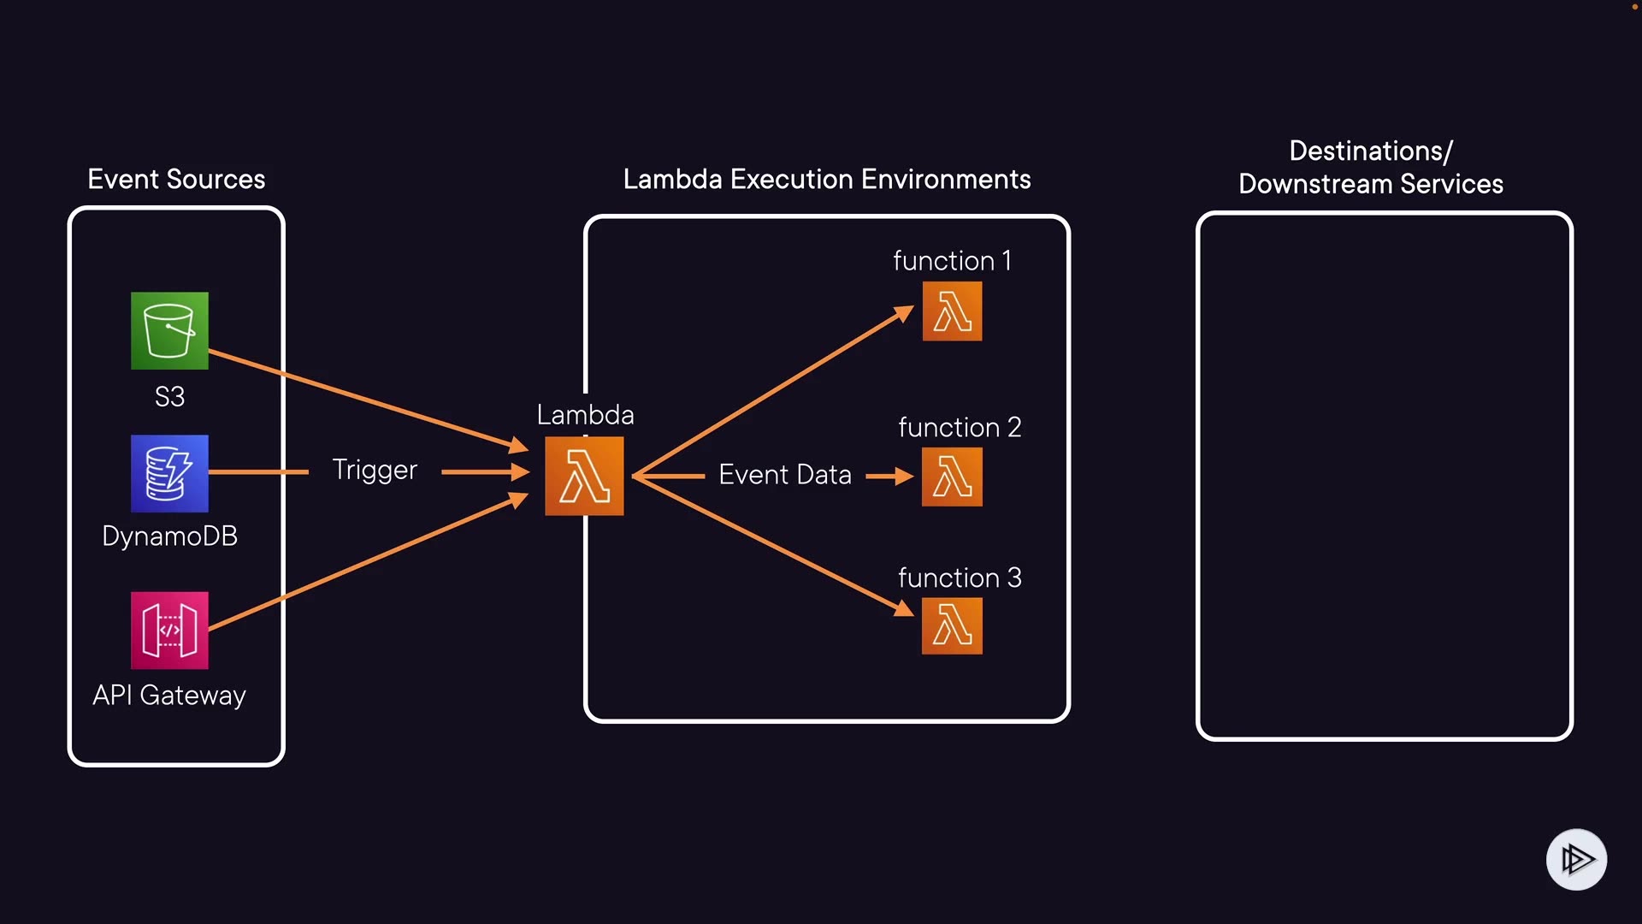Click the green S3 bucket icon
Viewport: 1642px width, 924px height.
[x=169, y=331]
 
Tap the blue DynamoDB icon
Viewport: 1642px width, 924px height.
[x=169, y=473]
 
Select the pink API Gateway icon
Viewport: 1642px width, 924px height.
[x=169, y=631]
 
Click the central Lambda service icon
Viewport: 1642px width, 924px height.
[x=584, y=476]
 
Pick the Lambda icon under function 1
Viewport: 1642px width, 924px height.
[x=952, y=311]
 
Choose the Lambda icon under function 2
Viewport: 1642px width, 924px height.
[x=952, y=477]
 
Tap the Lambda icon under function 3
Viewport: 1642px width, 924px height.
[x=952, y=625]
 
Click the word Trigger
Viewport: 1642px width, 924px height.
[x=375, y=470]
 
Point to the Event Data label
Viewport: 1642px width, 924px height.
[x=785, y=475]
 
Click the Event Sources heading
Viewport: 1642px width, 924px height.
[x=176, y=180]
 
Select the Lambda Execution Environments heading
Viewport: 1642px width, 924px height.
[x=827, y=180]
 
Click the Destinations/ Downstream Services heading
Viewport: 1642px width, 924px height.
[x=1371, y=168]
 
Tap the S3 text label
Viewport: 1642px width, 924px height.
[x=169, y=397]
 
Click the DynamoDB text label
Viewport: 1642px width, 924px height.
[x=169, y=536]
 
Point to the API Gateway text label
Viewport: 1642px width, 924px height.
[x=169, y=696]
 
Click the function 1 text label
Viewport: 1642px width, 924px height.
[x=952, y=261]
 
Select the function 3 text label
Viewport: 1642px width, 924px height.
[x=960, y=578]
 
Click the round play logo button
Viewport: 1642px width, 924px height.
[x=1576, y=859]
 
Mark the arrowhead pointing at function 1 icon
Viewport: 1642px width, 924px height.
[x=905, y=314]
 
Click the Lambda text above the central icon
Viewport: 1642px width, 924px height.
[x=585, y=416]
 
